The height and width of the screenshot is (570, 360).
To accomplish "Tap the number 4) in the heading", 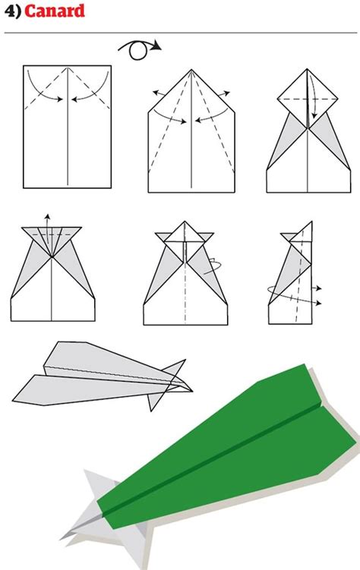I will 12,11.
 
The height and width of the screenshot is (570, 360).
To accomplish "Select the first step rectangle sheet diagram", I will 68,125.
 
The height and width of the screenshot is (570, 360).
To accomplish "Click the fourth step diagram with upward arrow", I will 52,269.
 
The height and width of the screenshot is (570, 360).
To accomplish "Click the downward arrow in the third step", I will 311,106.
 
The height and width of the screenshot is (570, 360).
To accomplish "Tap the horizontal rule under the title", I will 180,33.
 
